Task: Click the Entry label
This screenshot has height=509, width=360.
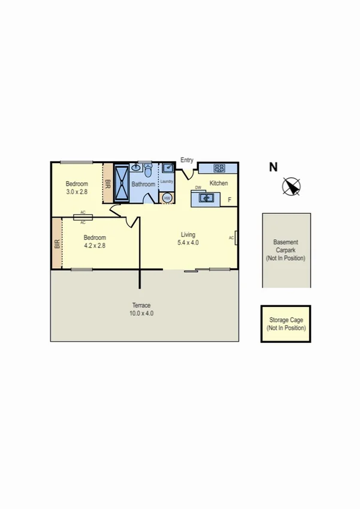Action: click(x=187, y=160)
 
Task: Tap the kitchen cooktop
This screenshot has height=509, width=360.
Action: click(x=219, y=168)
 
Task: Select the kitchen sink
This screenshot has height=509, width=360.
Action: click(x=207, y=197)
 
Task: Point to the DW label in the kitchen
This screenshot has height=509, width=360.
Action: click(x=198, y=188)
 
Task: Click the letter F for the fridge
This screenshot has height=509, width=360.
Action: click(x=230, y=200)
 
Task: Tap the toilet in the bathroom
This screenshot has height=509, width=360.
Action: click(x=148, y=173)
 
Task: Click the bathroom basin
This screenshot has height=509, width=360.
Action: click(x=135, y=168)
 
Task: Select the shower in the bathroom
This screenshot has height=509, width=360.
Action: click(x=122, y=183)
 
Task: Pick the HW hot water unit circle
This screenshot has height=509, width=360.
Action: click(x=167, y=197)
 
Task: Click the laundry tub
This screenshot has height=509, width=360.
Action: click(x=167, y=168)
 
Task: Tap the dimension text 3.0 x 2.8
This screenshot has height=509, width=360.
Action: click(x=77, y=192)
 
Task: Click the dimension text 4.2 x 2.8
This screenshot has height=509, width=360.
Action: click(x=95, y=245)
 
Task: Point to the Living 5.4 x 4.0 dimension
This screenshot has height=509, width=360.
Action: click(x=188, y=243)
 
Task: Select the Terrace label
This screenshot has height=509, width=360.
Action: click(x=141, y=305)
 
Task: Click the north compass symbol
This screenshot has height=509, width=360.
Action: click(x=292, y=187)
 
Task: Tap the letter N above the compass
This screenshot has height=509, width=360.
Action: click(x=273, y=167)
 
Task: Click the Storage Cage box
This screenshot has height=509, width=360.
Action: click(x=286, y=324)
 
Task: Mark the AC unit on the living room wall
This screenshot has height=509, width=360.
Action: click(x=236, y=238)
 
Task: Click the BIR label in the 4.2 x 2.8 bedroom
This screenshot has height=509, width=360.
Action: click(x=57, y=244)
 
